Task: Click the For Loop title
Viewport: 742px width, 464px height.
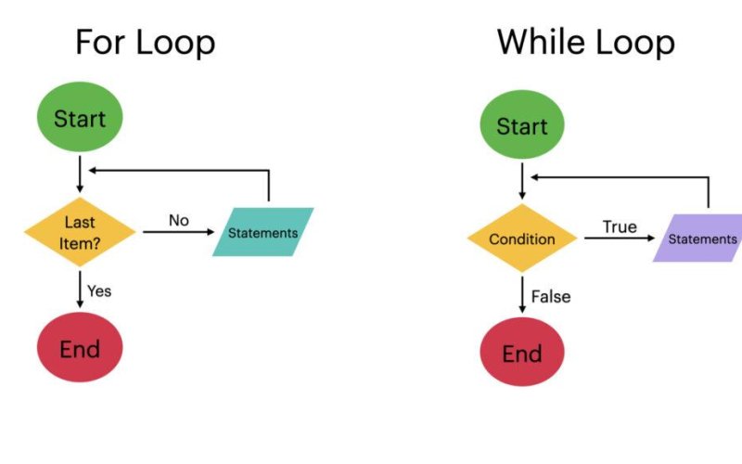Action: (x=145, y=43)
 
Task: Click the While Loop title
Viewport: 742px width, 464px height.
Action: (x=584, y=43)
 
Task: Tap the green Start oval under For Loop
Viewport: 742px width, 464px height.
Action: (x=80, y=119)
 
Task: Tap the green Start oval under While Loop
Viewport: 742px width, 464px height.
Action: (x=522, y=126)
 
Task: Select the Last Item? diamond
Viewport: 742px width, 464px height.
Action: (x=80, y=231)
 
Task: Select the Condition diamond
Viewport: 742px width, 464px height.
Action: (x=522, y=239)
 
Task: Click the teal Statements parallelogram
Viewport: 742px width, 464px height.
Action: (x=263, y=232)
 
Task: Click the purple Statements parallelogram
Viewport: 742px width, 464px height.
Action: (x=701, y=239)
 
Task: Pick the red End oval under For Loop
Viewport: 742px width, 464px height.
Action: (x=80, y=349)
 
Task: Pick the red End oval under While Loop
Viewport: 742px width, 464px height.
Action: (x=522, y=354)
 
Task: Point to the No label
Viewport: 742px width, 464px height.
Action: (x=179, y=220)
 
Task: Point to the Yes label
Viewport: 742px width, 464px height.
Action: (x=99, y=290)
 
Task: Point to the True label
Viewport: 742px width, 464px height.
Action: (x=620, y=226)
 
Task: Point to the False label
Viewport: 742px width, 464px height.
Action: (x=550, y=297)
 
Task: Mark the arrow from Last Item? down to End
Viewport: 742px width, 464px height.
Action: (x=81, y=290)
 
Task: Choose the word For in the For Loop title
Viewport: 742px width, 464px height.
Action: (x=102, y=43)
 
